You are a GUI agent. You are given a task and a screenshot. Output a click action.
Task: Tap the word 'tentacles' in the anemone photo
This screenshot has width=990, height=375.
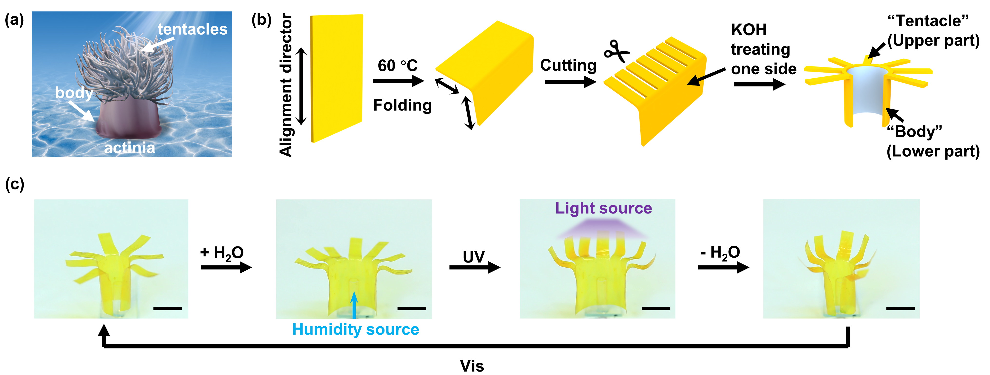point(192,29)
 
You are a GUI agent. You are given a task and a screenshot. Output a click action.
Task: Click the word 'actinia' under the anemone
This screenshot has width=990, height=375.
point(130,148)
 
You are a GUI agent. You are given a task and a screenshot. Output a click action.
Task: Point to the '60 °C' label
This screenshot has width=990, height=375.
point(397,66)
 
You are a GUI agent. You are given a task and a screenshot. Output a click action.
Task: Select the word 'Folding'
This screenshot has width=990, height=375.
point(402,105)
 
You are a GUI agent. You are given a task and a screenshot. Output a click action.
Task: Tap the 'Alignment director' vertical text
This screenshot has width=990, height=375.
point(286,85)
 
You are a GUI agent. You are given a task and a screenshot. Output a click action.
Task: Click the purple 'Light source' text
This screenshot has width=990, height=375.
point(603,208)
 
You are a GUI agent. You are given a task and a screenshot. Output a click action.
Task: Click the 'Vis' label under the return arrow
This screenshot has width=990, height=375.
point(472,366)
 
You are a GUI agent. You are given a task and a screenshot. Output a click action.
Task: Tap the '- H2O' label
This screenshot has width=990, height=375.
point(720,253)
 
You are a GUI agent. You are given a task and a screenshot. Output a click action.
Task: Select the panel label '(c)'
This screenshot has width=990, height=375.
point(15,184)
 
